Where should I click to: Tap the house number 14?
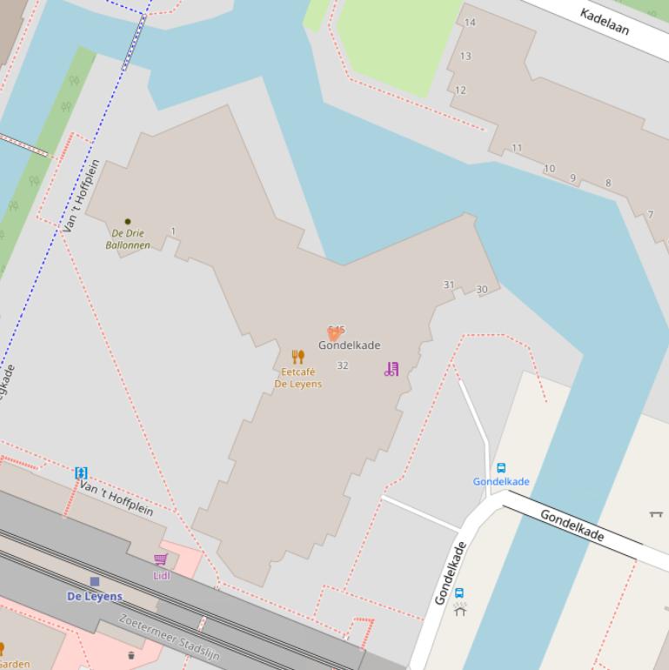470,23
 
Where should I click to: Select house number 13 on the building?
465,57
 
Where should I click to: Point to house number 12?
460,90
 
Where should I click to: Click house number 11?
517,148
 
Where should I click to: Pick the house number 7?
650,215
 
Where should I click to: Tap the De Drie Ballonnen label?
127,239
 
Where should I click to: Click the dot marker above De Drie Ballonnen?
128,222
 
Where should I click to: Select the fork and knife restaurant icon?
298,357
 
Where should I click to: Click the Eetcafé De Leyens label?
298,378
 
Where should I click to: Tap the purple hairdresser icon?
391,369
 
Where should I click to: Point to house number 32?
342,365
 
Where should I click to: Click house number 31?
449,285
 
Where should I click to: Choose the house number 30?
482,290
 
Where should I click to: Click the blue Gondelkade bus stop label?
501,481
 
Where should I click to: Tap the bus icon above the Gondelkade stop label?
501,468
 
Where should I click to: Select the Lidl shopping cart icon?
161,559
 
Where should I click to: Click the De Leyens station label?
95,596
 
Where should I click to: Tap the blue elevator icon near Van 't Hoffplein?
81,473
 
